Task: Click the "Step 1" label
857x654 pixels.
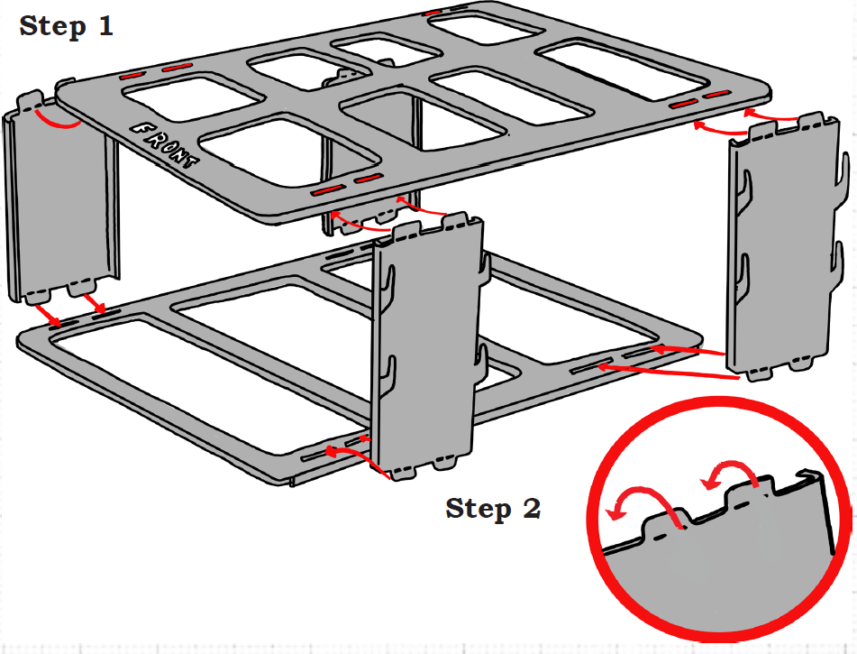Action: (x=67, y=25)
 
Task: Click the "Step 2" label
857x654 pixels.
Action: (x=493, y=509)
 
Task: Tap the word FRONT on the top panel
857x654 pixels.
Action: (x=166, y=145)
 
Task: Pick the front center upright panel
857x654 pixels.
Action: (x=424, y=343)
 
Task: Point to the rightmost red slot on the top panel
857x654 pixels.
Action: (x=716, y=95)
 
